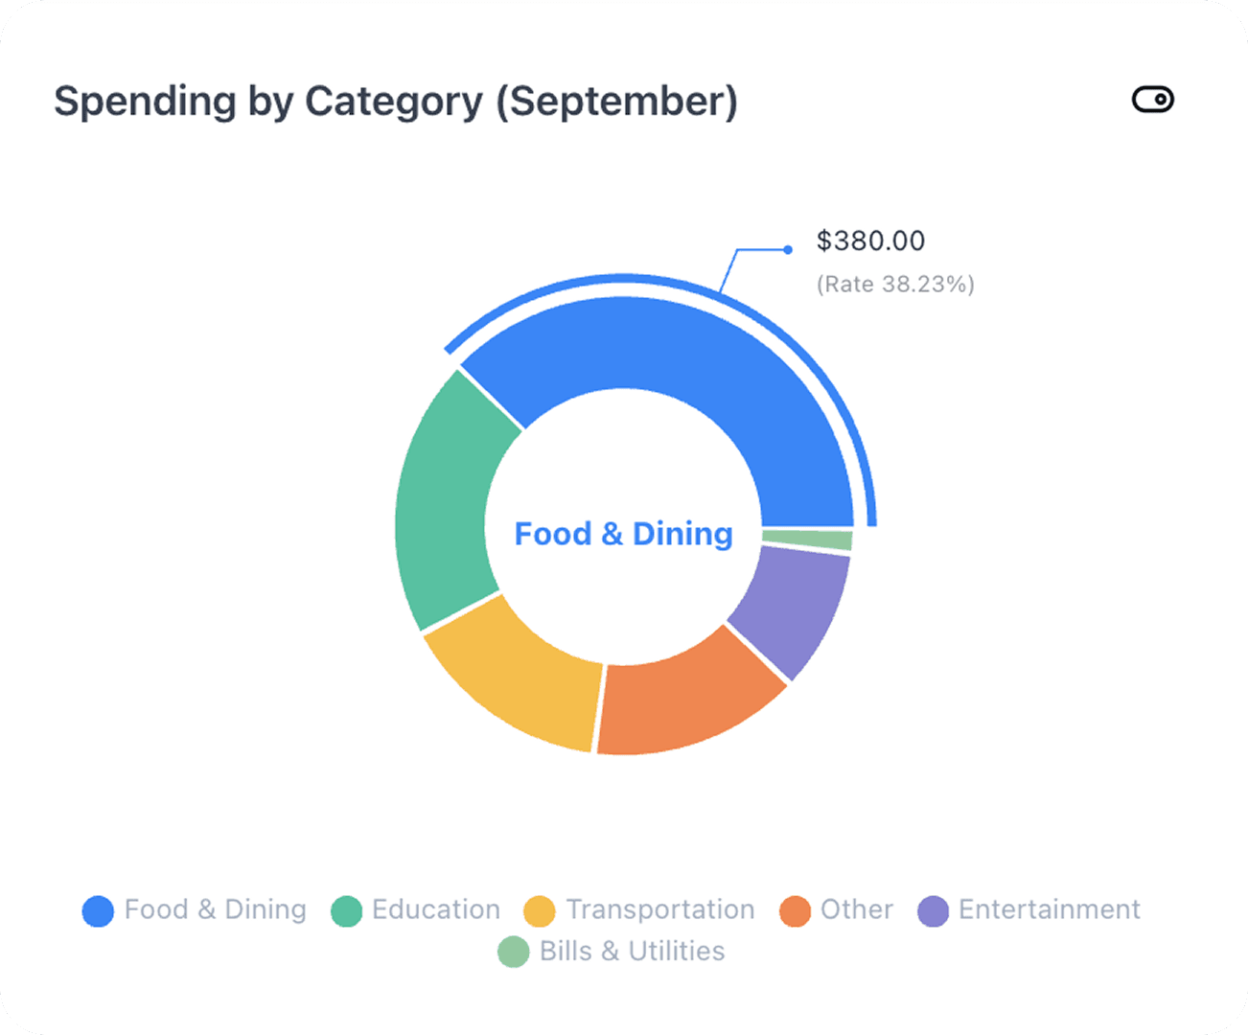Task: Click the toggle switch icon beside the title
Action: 1152,100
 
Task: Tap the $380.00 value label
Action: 870,241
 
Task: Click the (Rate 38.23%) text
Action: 895,285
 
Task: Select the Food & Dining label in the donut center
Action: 623,534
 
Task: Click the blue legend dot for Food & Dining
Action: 98,910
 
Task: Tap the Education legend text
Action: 436,909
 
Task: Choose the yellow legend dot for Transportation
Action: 540,910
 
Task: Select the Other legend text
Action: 856,909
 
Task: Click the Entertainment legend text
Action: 1049,909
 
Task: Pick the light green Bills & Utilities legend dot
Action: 514,952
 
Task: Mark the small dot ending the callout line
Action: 788,250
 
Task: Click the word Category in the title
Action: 393,102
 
